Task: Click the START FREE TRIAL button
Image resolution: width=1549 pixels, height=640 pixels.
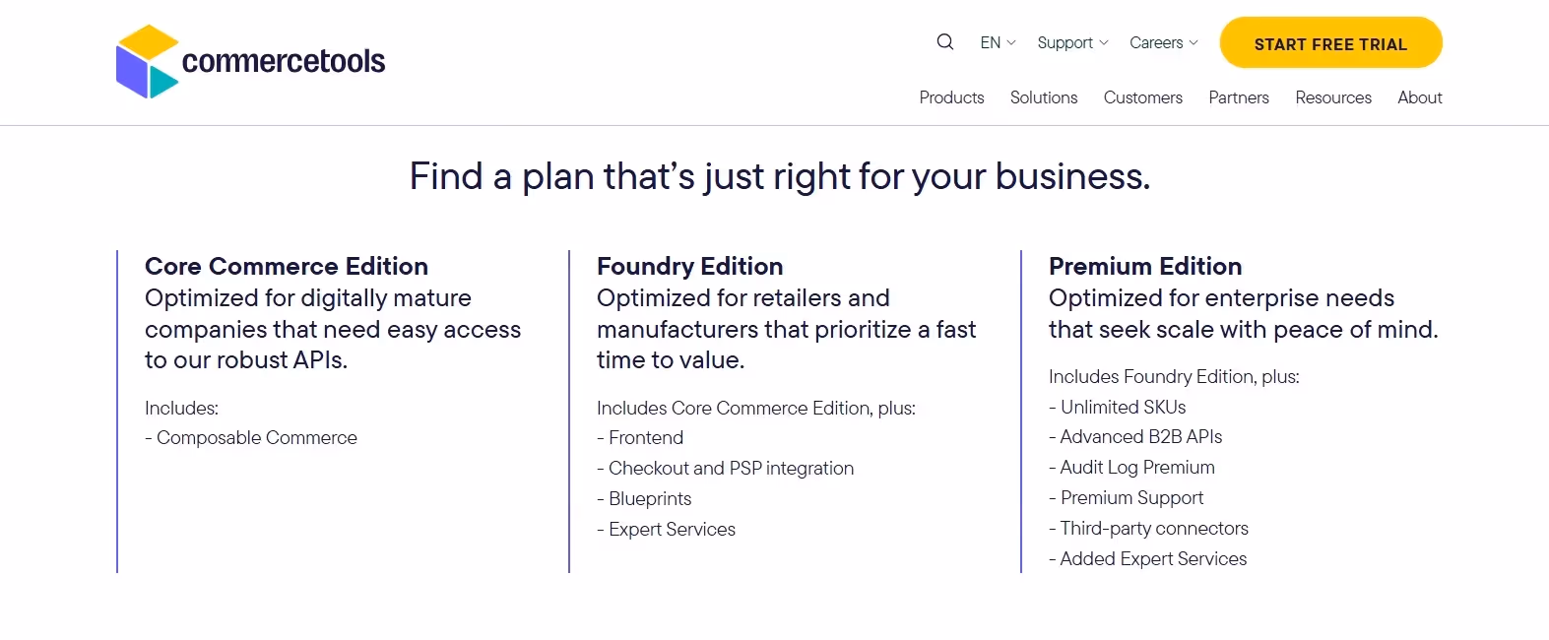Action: click(1330, 43)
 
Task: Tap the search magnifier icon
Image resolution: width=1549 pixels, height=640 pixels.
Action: click(945, 42)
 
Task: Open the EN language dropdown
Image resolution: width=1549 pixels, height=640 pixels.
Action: click(998, 43)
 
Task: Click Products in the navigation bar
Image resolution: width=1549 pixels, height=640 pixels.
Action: click(951, 97)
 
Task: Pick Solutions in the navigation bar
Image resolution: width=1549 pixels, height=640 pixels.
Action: click(1044, 97)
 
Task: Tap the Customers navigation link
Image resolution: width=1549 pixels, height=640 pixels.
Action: click(1142, 97)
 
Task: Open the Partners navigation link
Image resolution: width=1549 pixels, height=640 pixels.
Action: click(1239, 97)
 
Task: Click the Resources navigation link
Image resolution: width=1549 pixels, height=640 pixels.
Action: click(1333, 97)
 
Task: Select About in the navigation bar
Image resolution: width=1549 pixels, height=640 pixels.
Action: click(1419, 97)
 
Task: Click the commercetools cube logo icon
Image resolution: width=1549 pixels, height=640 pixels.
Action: click(148, 62)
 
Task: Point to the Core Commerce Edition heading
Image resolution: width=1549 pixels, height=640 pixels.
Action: click(287, 266)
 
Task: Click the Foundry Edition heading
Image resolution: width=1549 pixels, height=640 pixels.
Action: click(689, 266)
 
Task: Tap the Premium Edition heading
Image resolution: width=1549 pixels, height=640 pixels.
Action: click(1145, 266)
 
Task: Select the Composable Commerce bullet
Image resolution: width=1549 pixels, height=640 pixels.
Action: click(256, 438)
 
